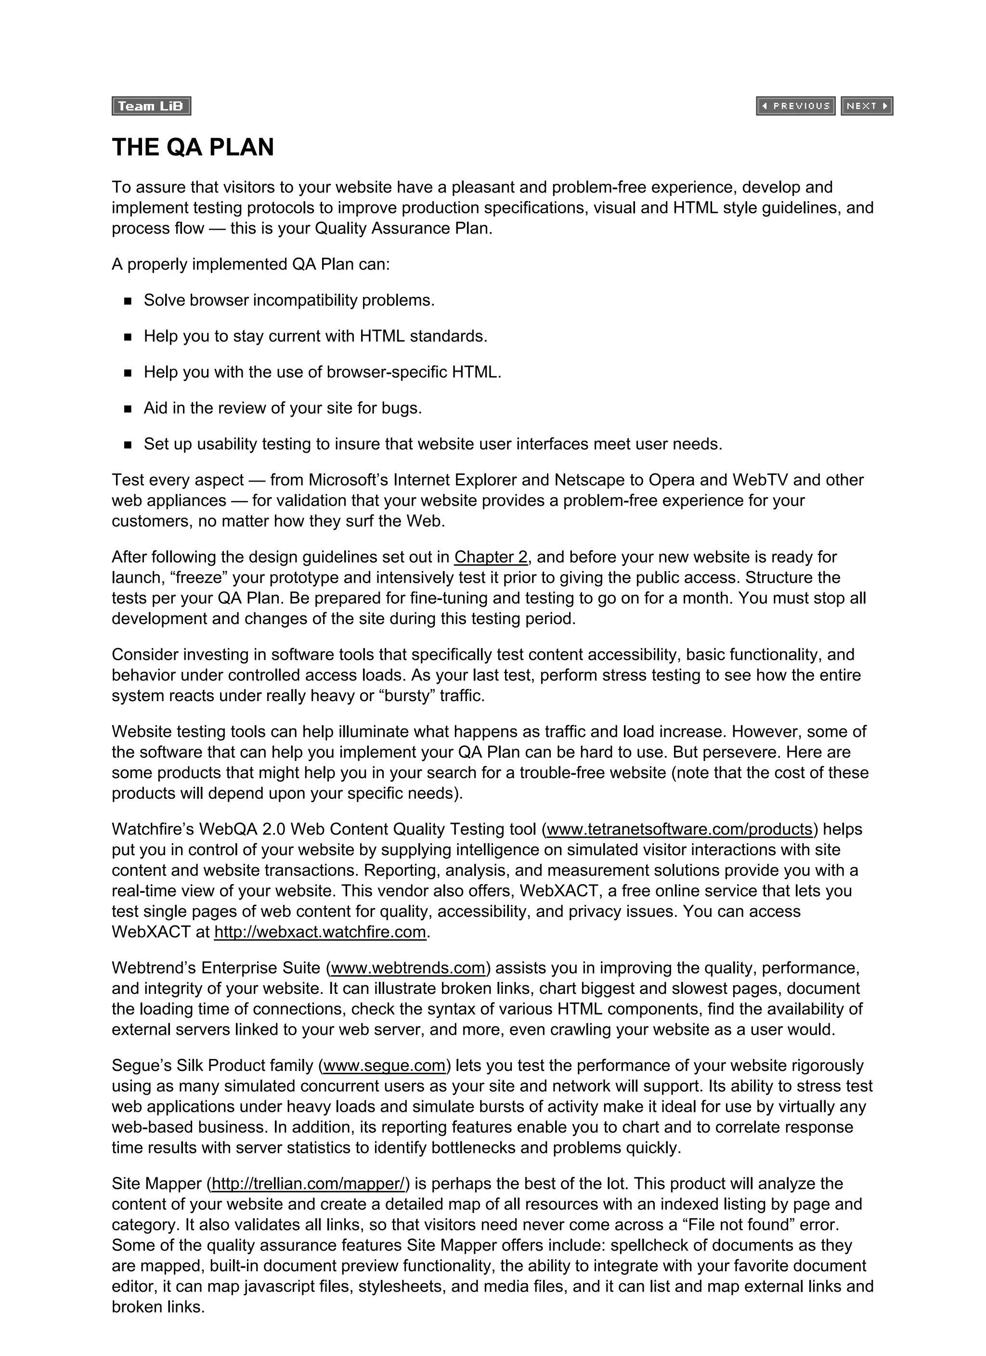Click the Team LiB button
(x=151, y=106)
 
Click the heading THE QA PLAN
(x=193, y=147)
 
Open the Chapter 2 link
(x=490, y=557)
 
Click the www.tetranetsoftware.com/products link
(x=679, y=829)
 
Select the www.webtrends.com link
(x=408, y=968)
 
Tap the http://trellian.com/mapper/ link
(x=308, y=1184)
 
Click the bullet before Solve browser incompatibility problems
(x=128, y=301)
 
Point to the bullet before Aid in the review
(x=128, y=409)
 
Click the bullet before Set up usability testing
(x=128, y=445)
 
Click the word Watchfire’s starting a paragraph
(x=152, y=829)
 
